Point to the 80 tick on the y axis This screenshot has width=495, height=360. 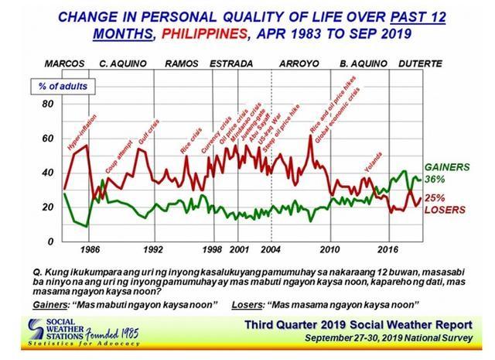(47, 104)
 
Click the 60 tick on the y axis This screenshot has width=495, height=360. (47, 139)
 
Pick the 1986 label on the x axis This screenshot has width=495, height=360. (89, 250)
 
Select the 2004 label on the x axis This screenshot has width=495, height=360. (271, 250)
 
